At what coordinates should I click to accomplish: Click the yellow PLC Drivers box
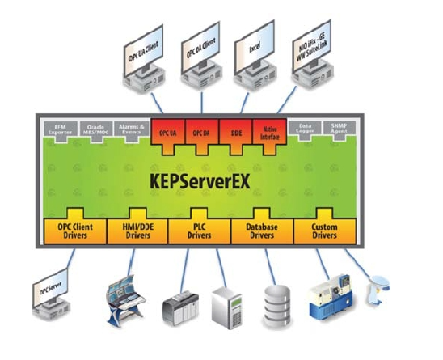click(200, 231)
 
